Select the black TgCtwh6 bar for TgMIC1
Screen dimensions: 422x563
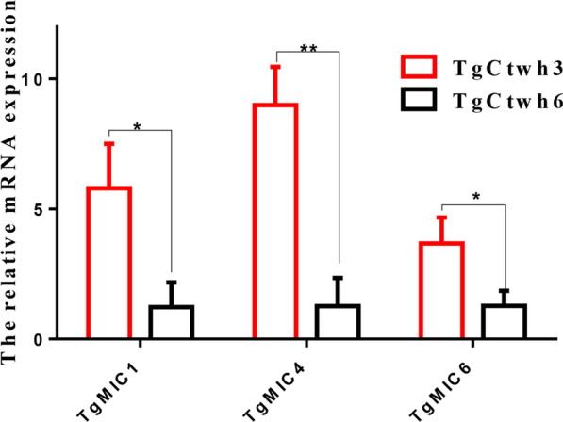(x=171, y=321)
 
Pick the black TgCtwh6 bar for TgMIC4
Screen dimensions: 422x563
(x=337, y=321)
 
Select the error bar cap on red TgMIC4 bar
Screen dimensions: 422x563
(x=275, y=66)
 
